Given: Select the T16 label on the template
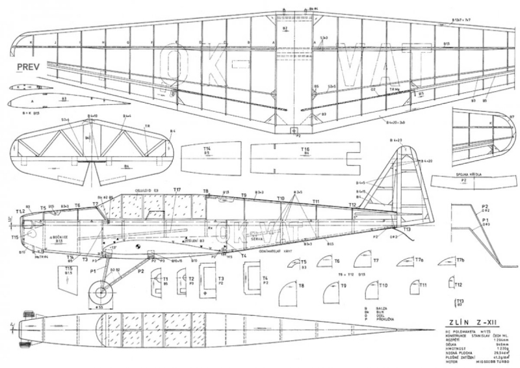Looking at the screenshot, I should pos(305,150).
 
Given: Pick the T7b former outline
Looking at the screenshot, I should pos(447,261).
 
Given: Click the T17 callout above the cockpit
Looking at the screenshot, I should pos(177,189).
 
